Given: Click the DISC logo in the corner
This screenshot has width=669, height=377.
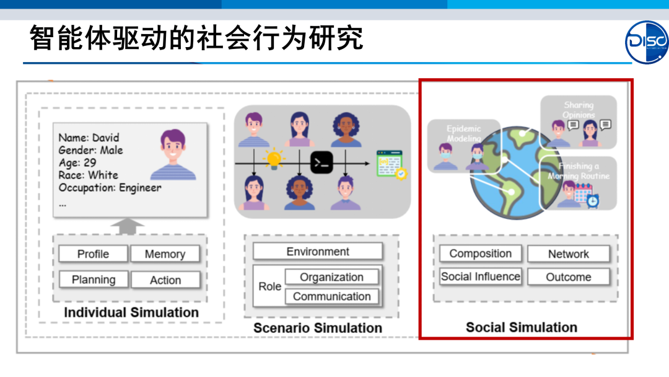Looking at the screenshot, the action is click(x=647, y=42).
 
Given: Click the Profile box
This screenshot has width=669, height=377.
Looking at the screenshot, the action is click(x=93, y=254).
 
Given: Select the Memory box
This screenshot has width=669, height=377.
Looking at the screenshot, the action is click(x=165, y=254).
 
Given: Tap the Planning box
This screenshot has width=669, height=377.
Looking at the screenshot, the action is click(x=94, y=280).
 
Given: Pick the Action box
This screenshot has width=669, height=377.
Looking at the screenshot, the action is click(x=165, y=280).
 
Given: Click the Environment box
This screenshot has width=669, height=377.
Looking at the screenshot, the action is click(x=318, y=252).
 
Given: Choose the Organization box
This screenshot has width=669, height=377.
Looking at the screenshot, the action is click(x=331, y=277).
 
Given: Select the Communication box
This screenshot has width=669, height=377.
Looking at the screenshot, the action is click(x=331, y=296).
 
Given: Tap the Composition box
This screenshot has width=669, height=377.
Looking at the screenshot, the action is click(x=480, y=254).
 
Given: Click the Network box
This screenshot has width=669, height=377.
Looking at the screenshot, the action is click(x=568, y=254).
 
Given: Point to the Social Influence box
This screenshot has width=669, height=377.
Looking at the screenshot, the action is click(x=480, y=277).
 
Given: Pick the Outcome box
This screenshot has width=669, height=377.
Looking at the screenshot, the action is click(x=568, y=277).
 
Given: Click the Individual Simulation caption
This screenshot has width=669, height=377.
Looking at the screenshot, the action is click(x=131, y=313).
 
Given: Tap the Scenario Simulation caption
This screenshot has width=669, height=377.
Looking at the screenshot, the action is click(x=318, y=327).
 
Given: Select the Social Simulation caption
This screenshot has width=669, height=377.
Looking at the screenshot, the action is click(x=522, y=327).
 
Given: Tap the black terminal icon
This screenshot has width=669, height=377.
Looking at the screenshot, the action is click(x=321, y=163).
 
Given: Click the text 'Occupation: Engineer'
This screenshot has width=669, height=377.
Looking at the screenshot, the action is click(x=110, y=187).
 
